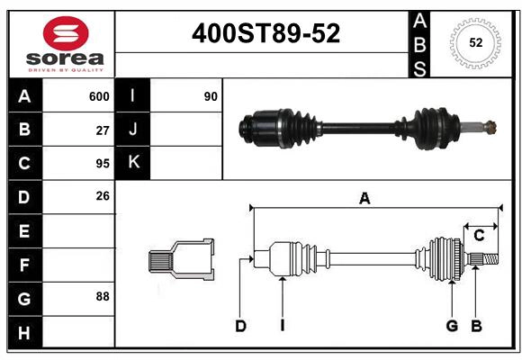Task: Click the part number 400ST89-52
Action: point(265,33)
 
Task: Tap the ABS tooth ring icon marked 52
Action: point(474,42)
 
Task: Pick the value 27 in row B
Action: point(103,130)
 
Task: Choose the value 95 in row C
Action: point(103,164)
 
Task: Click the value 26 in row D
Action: point(103,196)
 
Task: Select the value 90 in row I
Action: point(211,96)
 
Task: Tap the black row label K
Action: point(133,163)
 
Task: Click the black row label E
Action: point(24,231)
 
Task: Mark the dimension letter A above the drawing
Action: point(364,199)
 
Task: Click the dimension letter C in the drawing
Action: point(479,235)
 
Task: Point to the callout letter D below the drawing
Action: point(240,326)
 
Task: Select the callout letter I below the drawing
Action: point(282,326)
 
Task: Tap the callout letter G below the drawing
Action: point(452,326)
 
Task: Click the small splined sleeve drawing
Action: point(181,261)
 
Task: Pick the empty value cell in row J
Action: point(185,130)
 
